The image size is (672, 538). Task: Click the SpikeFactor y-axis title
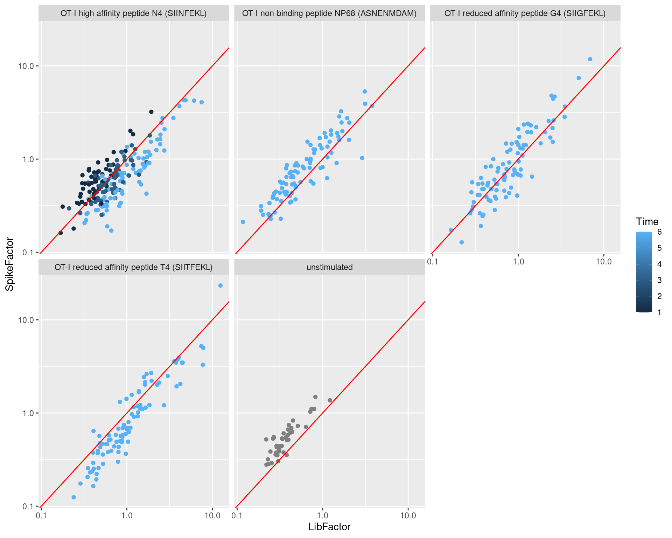pos(10,264)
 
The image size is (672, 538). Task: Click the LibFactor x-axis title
pos(329,527)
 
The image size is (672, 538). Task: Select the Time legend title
pos(647,222)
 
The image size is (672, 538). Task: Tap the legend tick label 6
pos(659,232)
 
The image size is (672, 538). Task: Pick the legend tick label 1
pos(659,312)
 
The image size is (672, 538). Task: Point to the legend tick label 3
pos(659,280)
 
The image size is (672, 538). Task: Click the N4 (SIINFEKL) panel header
pos(134,13)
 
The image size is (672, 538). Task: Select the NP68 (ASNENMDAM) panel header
pos(329,13)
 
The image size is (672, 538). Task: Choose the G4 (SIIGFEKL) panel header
pos(525,13)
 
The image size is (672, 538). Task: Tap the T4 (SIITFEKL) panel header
pos(134,267)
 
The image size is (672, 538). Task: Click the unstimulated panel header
pos(329,267)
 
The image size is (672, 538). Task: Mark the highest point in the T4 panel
pos(220,285)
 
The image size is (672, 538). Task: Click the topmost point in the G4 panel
pos(590,59)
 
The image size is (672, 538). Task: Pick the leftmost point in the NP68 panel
pos(243,222)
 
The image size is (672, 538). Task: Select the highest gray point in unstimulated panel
pos(315,397)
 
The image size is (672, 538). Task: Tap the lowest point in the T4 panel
pos(73,497)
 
